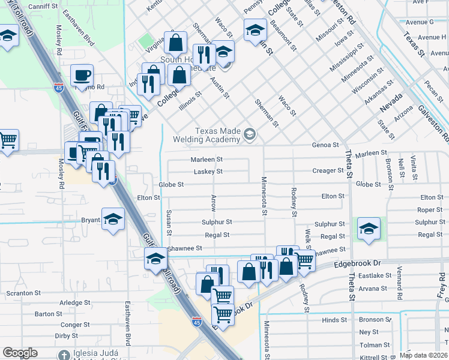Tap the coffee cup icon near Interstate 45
click(82, 76)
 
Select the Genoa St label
click(325, 145)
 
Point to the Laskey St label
click(208, 172)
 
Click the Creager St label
click(328, 171)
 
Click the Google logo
click(20, 353)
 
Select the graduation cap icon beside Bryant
click(113, 220)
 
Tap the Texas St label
click(414, 44)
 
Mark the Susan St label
click(169, 223)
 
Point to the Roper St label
click(430, 210)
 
